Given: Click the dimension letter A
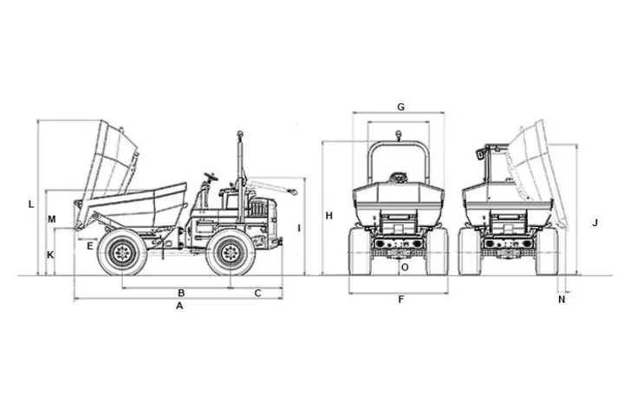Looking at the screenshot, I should [180, 306].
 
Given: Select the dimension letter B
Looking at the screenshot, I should [181, 293].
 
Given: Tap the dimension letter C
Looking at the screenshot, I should [257, 293].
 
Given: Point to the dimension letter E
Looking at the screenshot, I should [90, 246].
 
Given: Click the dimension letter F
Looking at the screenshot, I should [400, 300].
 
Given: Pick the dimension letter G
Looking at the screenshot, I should [400, 107].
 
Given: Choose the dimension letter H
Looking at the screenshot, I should [330, 215].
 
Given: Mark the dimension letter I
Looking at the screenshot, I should [298, 228].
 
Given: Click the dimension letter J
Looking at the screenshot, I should [595, 223].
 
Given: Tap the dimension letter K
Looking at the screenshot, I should [50, 255].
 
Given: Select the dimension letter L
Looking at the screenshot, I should [31, 204].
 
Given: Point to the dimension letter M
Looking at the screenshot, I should [52, 219].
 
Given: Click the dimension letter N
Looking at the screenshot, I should [562, 300].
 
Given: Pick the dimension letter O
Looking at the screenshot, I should [405, 268].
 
